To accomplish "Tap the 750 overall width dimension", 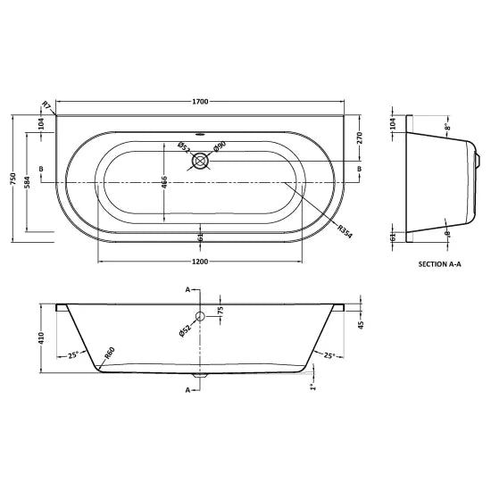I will [x=12, y=179].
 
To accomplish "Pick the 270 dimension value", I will [x=361, y=137].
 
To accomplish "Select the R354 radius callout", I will [x=344, y=229].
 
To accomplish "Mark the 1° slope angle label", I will [x=312, y=387].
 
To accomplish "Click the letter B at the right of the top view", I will [x=359, y=169].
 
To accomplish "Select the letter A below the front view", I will [x=187, y=390].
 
